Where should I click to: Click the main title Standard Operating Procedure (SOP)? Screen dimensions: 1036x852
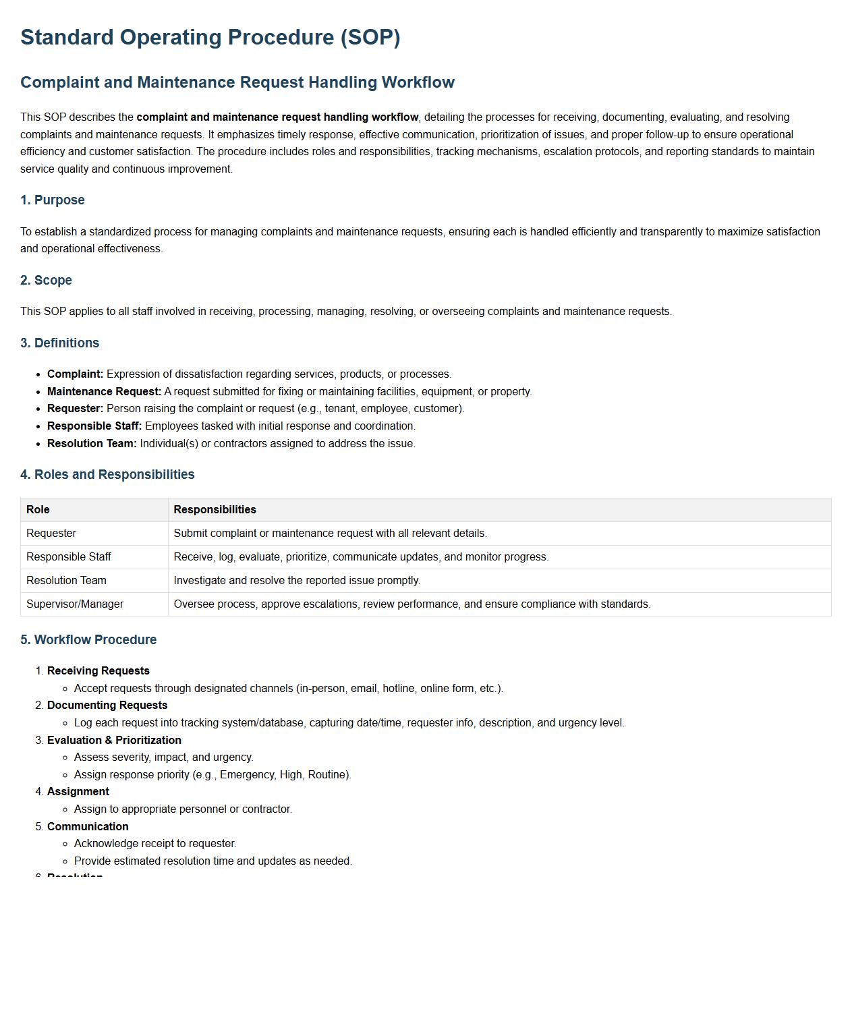[x=210, y=37]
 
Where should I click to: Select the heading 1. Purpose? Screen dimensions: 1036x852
[x=53, y=200]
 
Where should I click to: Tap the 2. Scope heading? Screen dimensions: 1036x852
[x=46, y=281]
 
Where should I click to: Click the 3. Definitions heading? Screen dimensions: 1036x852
[x=60, y=343]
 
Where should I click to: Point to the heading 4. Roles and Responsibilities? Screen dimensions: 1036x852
[x=107, y=475]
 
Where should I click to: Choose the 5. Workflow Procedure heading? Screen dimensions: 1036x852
[x=88, y=640]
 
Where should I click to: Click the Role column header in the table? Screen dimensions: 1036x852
[x=38, y=510]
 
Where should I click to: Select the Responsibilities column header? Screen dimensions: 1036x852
[x=215, y=510]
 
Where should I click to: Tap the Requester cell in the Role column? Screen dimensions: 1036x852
[x=51, y=534]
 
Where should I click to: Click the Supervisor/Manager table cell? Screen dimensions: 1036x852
[x=75, y=604]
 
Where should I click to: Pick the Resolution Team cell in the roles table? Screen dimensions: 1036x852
[x=66, y=581]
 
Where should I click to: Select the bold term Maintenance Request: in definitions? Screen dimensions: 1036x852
[x=105, y=392]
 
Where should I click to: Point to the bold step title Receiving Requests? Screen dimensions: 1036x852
[x=98, y=671]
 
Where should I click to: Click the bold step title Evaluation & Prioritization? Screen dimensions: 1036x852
[x=114, y=741]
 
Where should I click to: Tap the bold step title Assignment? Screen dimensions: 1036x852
[x=78, y=792]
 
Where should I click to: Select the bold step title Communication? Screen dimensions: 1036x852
[x=88, y=827]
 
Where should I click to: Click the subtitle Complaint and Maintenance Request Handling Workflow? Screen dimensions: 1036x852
[x=237, y=82]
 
